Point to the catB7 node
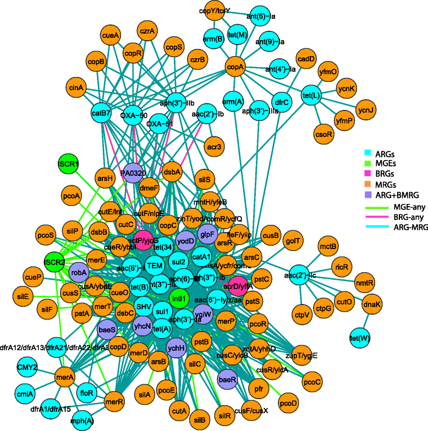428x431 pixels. coord(101,114)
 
